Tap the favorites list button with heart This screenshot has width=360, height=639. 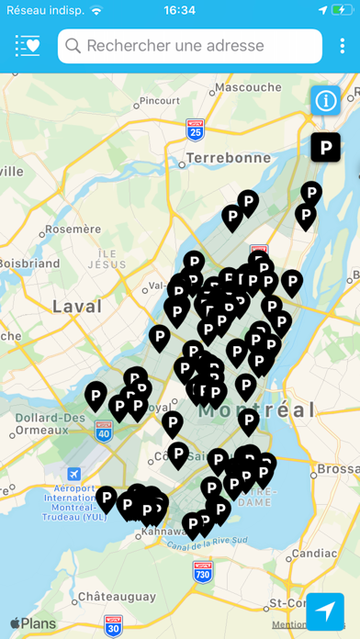(28, 46)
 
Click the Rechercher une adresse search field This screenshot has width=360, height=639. (190, 46)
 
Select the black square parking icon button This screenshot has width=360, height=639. (325, 147)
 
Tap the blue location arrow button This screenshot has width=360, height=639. (325, 611)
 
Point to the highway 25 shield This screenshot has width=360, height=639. (195, 130)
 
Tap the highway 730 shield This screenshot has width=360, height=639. (203, 571)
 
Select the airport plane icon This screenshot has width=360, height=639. (73, 473)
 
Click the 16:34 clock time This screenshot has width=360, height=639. (179, 10)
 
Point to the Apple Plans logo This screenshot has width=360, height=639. (33, 623)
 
